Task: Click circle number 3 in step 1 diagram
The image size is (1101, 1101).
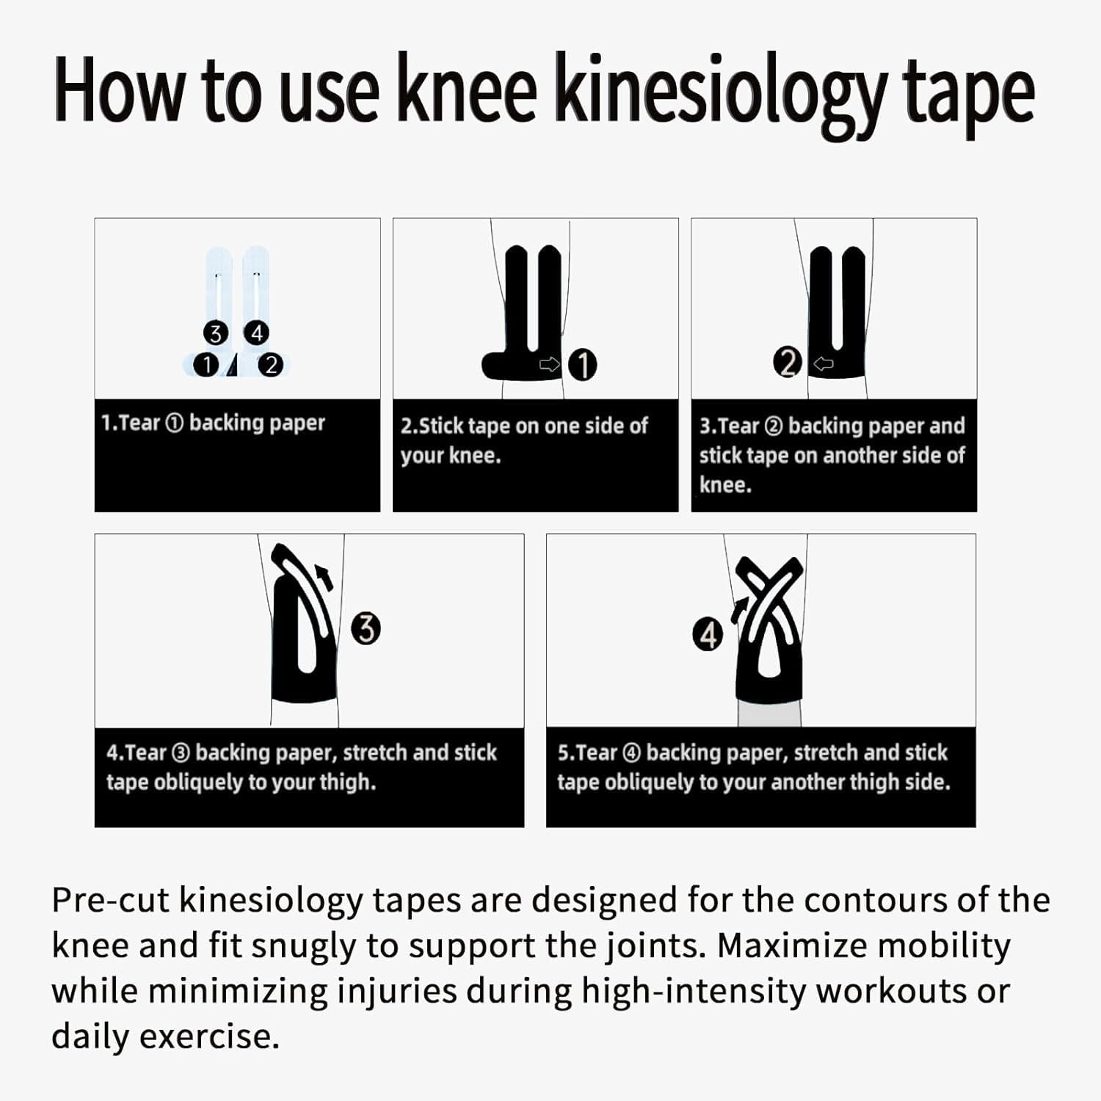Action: click(x=215, y=334)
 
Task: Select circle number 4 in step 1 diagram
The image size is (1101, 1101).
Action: click(x=256, y=333)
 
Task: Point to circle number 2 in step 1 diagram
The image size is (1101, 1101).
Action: click(x=271, y=364)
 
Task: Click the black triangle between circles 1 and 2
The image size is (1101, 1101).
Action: click(x=233, y=365)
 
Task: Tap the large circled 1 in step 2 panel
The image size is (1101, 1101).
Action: click(x=583, y=365)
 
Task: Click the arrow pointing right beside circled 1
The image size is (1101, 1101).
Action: click(x=549, y=364)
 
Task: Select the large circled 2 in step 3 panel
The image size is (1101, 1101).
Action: click(x=788, y=363)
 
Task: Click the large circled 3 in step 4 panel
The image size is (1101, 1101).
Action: click(x=366, y=629)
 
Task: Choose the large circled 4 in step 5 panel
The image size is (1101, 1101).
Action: click(x=708, y=635)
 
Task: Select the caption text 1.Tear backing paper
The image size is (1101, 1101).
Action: click(x=213, y=424)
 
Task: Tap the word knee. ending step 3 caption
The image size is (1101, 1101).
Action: click(x=725, y=485)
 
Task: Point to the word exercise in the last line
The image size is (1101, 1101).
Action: click(x=209, y=1037)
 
